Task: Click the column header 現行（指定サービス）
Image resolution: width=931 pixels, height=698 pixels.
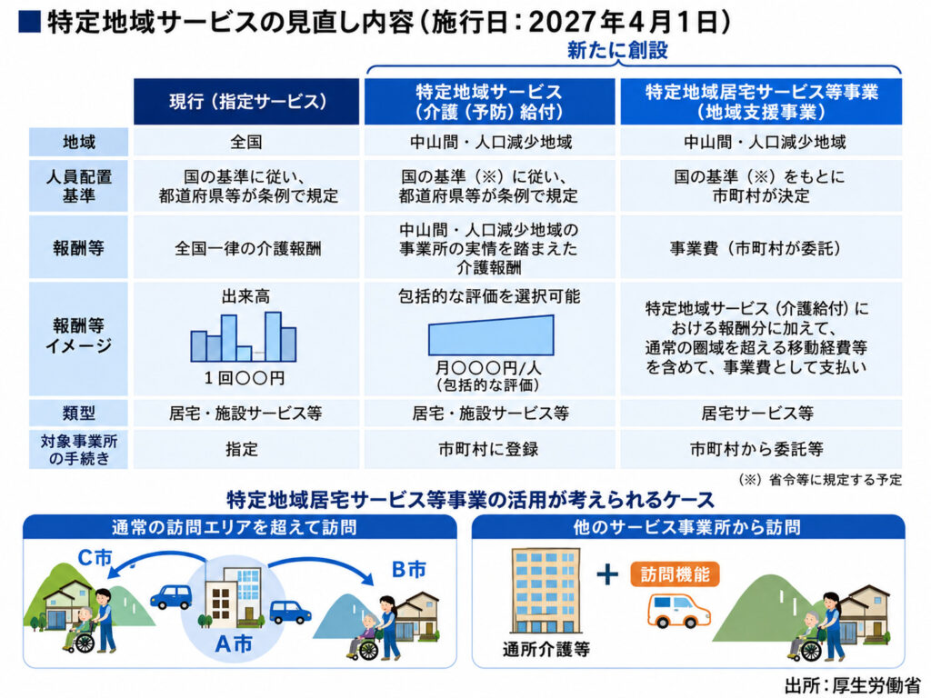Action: (x=246, y=102)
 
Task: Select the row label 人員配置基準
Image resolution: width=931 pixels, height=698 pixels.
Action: (x=78, y=185)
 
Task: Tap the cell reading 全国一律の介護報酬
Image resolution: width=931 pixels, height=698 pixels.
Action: (x=247, y=248)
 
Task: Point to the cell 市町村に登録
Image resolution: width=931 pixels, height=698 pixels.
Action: (x=488, y=449)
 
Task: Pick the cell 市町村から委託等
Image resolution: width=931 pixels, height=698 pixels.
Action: (x=756, y=449)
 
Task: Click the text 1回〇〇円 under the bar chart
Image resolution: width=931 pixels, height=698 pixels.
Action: (x=244, y=378)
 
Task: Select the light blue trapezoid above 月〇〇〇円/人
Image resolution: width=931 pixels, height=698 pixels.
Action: (x=491, y=336)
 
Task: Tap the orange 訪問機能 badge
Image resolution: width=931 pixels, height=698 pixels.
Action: (x=676, y=574)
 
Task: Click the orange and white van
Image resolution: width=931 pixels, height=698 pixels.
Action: (x=678, y=610)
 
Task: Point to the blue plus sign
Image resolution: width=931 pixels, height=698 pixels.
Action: (x=606, y=574)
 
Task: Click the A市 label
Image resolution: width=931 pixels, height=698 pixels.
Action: (x=234, y=643)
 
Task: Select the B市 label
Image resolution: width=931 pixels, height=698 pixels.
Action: (x=408, y=570)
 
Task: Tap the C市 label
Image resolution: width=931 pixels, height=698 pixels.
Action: (x=95, y=558)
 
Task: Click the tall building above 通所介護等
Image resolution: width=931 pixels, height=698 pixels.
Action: (x=546, y=591)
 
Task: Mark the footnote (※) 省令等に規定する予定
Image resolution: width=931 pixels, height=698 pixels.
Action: (x=820, y=480)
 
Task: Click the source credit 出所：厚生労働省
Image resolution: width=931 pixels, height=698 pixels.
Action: (x=852, y=685)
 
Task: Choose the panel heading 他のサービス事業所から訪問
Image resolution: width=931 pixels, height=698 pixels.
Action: (x=687, y=527)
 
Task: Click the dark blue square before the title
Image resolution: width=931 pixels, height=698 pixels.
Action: (x=30, y=23)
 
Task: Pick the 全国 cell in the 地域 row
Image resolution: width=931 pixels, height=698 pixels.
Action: (x=245, y=143)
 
